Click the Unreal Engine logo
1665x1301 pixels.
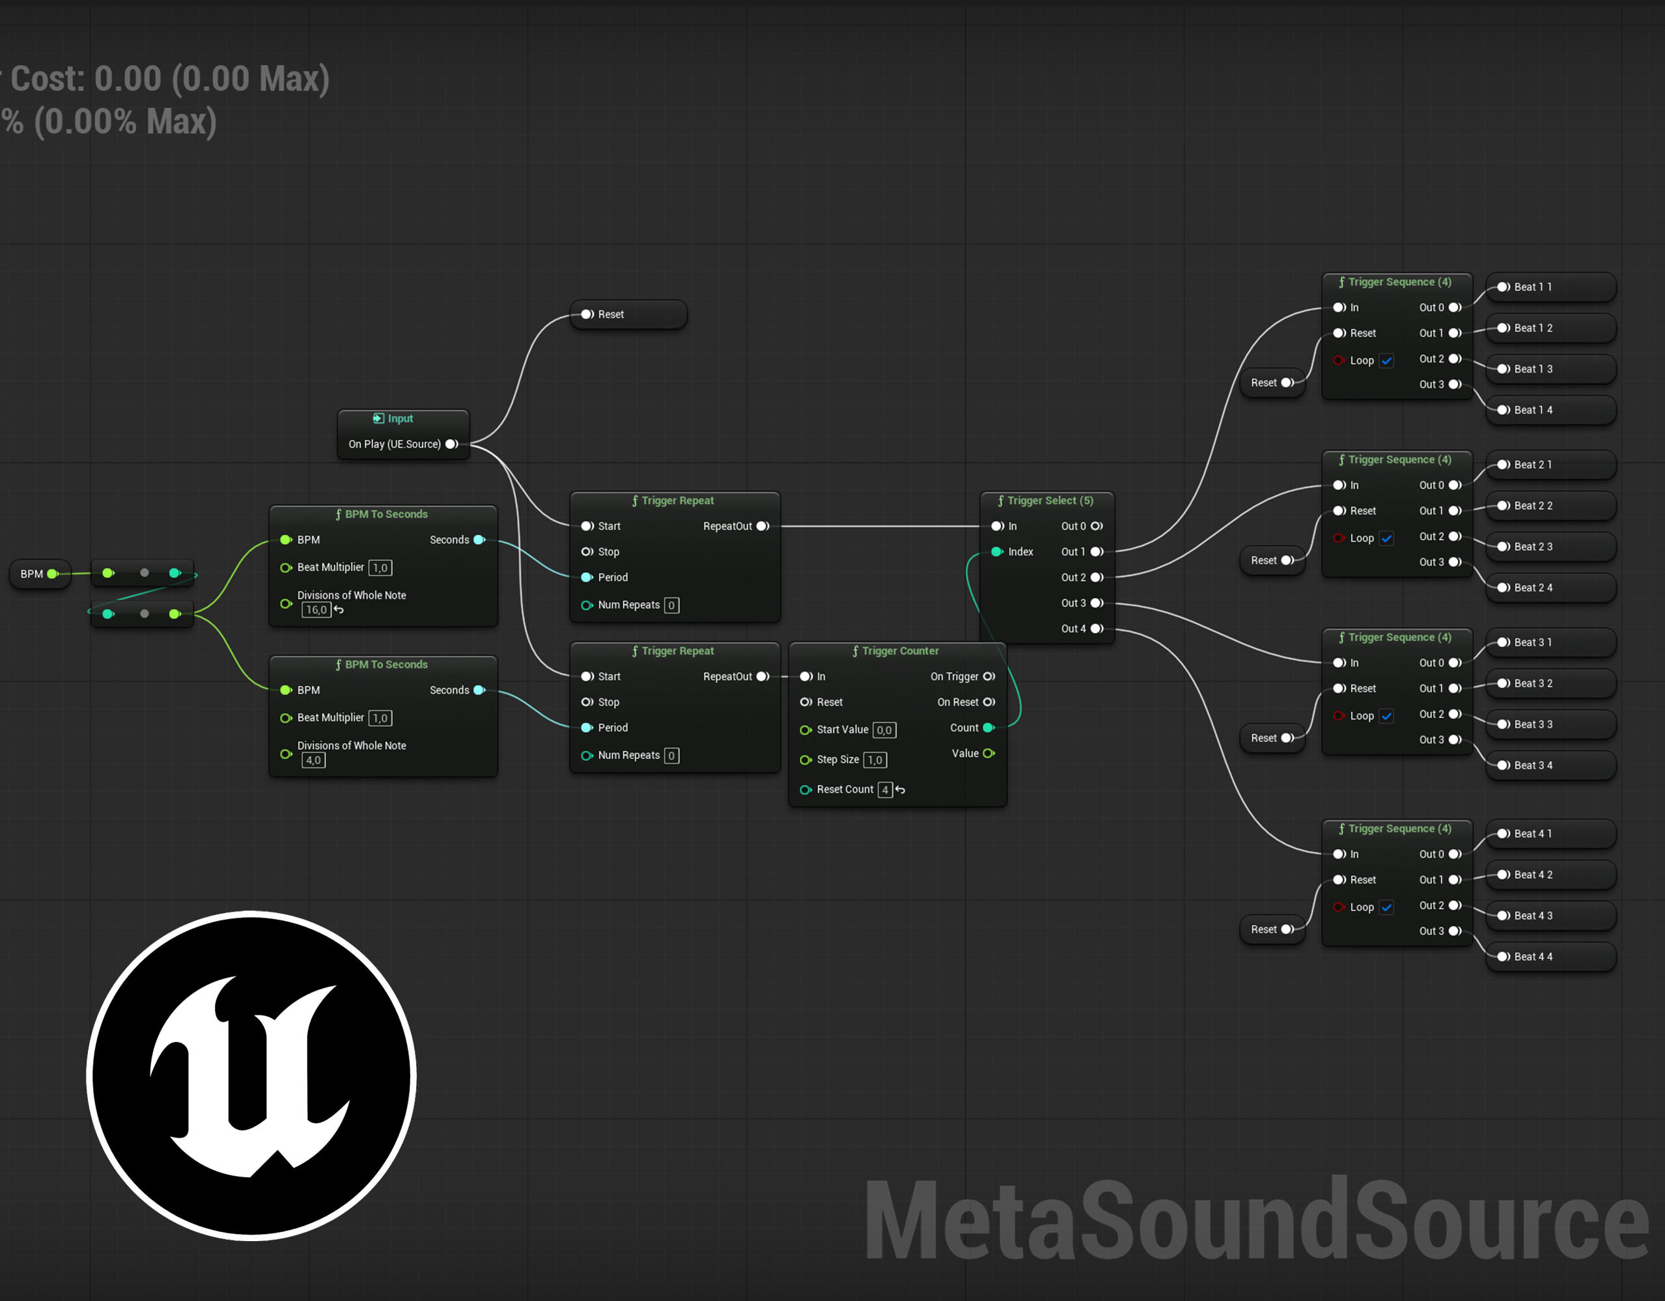click(x=251, y=1075)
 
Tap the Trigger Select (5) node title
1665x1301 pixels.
click(x=1045, y=500)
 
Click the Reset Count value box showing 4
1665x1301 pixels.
click(x=885, y=789)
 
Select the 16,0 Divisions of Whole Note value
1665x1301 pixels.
click(x=316, y=610)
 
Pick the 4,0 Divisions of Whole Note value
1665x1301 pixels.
click(x=313, y=760)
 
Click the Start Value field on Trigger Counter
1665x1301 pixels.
click(x=884, y=730)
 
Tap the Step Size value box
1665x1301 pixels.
click(x=875, y=760)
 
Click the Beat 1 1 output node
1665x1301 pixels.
click(x=1550, y=287)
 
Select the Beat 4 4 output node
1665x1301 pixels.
click(x=1550, y=957)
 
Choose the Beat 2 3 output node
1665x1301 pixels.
click(x=1550, y=547)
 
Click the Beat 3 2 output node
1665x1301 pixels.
click(x=1550, y=683)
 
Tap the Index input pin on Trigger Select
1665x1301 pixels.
click(x=997, y=552)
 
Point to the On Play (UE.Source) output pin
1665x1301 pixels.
click(x=452, y=445)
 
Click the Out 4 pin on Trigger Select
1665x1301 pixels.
click(x=1097, y=629)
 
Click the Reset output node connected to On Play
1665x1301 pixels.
click(x=628, y=315)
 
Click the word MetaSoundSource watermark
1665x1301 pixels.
click(x=1256, y=1220)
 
